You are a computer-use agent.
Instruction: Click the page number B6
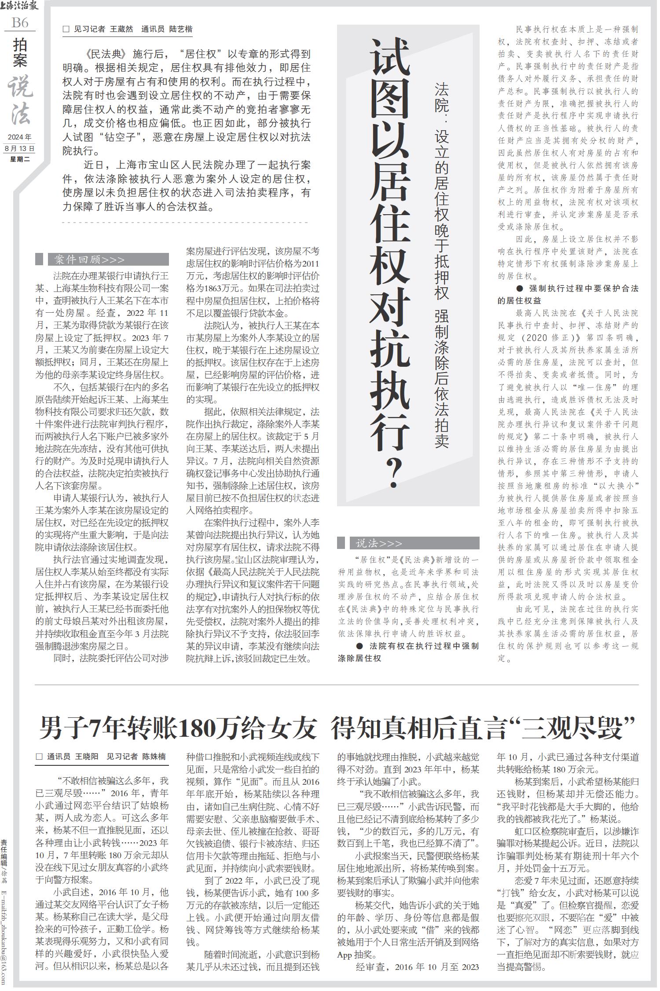click(20, 22)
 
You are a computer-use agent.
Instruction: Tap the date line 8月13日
click(20, 148)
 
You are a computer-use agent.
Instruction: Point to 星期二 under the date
click(20, 159)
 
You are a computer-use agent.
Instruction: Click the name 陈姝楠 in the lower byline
click(154, 757)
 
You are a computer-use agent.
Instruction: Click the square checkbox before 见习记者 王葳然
click(66, 29)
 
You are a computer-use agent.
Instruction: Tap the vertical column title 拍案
click(20, 53)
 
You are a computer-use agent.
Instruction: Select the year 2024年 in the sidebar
click(20, 137)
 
